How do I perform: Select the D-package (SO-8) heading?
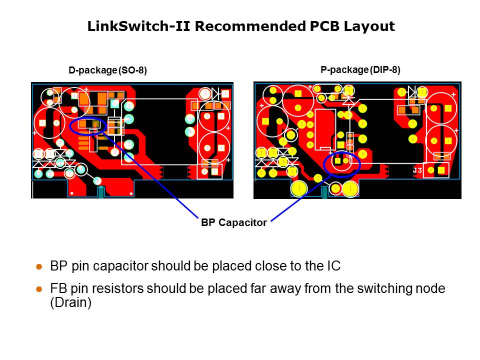pos(108,70)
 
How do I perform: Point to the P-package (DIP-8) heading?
pos(360,70)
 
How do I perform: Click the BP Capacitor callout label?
pos(234,223)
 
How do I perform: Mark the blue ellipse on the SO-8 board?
pos(88,125)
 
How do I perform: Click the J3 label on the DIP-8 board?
pos(417,170)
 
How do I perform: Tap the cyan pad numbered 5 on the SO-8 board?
pos(189,131)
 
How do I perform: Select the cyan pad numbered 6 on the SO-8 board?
pos(189,119)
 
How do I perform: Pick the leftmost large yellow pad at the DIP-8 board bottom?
pos(299,188)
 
